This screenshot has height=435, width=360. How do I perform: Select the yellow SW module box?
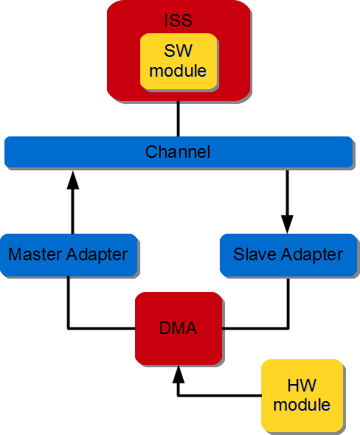tap(178, 62)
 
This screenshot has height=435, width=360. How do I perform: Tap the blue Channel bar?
tap(74, 152)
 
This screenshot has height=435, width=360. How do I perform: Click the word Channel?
tap(178, 152)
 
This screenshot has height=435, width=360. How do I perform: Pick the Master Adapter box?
tap(68, 254)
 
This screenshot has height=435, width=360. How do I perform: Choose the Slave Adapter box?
tap(288, 254)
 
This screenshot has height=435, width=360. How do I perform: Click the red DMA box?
tap(178, 328)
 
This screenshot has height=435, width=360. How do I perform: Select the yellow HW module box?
tap(302, 395)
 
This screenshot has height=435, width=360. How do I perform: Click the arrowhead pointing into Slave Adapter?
tap(287, 224)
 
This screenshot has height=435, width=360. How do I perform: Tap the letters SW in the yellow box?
tap(178, 53)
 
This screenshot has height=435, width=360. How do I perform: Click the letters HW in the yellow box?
tap(302, 386)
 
